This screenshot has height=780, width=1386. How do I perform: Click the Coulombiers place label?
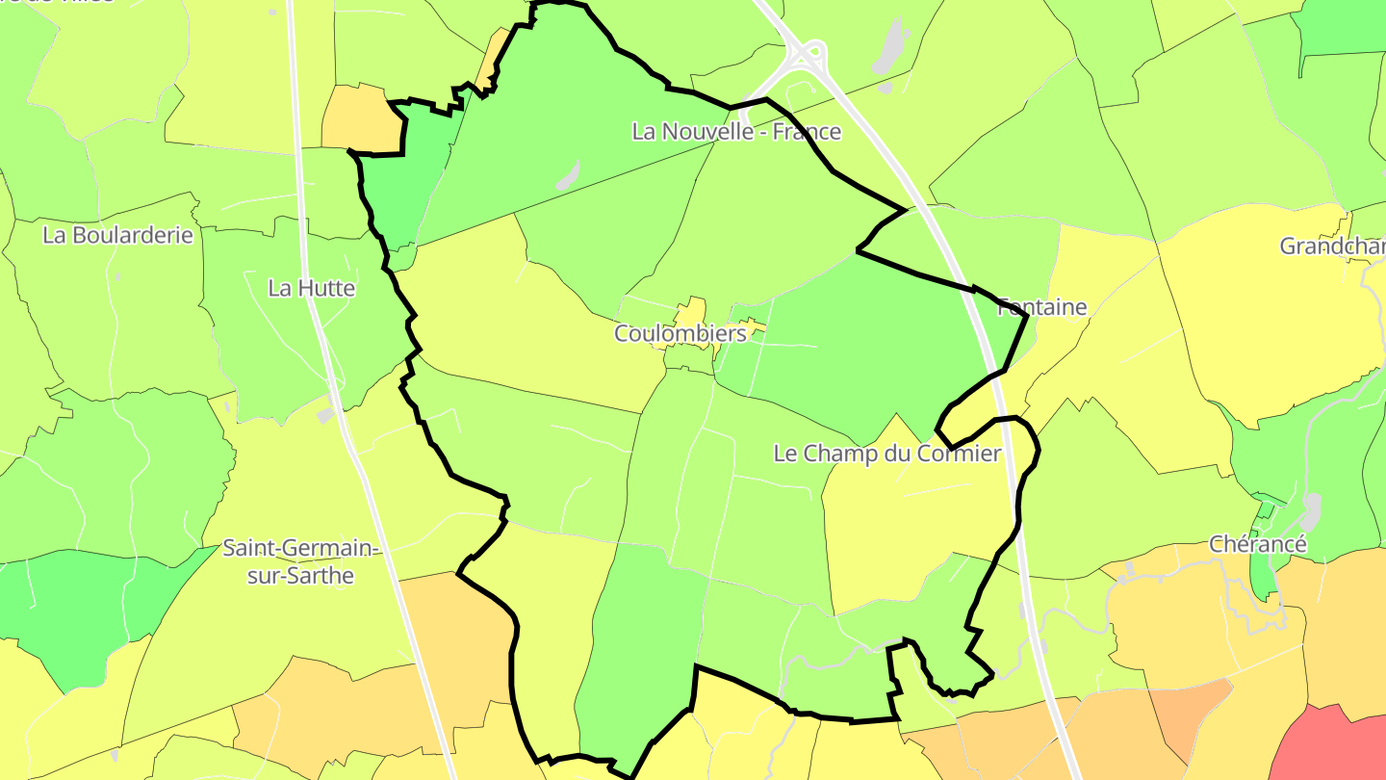680,333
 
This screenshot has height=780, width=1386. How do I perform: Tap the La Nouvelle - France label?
736,132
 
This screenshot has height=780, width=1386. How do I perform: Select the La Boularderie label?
117,235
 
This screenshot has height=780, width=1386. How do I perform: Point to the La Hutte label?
311,288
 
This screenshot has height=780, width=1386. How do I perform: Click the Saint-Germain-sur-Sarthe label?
300,562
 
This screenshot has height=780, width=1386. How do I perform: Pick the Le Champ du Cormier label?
887,454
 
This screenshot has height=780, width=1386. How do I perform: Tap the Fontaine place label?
1041,307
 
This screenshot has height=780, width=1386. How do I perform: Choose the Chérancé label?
1258,545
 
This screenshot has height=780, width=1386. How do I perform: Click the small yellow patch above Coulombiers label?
690,312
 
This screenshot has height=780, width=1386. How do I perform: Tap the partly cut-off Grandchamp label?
1332,247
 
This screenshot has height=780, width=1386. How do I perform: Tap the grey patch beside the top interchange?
891,46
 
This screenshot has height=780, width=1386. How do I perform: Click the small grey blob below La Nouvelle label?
568,175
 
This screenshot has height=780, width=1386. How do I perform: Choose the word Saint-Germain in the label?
300,549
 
